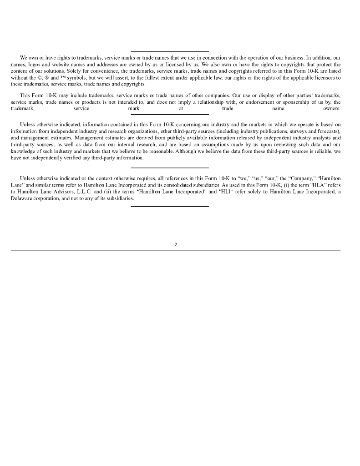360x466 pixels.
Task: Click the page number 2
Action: [x=176, y=244]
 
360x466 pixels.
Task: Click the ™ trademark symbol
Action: [x=62, y=77]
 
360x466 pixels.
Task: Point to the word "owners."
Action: [x=331, y=109]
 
